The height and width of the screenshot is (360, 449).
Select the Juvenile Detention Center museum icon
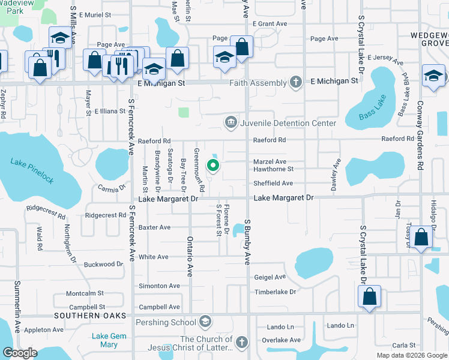[231, 123]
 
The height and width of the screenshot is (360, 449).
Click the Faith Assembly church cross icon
[295, 82]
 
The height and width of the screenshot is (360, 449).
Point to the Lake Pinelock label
[32, 162]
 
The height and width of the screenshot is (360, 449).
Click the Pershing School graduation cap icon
[205, 322]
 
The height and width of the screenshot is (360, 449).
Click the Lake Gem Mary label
[109, 340]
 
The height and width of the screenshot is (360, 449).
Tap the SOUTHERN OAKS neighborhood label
[90, 316]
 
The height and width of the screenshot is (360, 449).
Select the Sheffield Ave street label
[273, 184]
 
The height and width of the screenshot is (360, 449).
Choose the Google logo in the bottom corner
[20, 353]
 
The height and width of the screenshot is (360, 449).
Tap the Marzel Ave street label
[270, 161]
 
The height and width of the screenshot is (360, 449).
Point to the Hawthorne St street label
[273, 169]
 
